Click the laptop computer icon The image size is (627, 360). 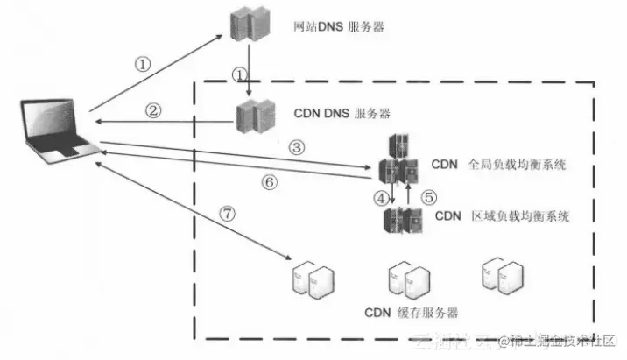tap(55, 132)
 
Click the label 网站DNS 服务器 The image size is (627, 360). tap(339, 27)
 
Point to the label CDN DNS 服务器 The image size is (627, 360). tap(341, 114)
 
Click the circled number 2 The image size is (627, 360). tap(153, 110)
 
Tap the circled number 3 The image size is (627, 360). tap(297, 147)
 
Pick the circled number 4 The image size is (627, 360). tap(381, 198)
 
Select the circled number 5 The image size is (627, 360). tap(429, 198)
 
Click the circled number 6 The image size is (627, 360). tap(270, 182)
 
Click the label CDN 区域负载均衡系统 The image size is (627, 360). tap(502, 215)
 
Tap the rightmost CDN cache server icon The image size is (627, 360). tap(497, 273)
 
